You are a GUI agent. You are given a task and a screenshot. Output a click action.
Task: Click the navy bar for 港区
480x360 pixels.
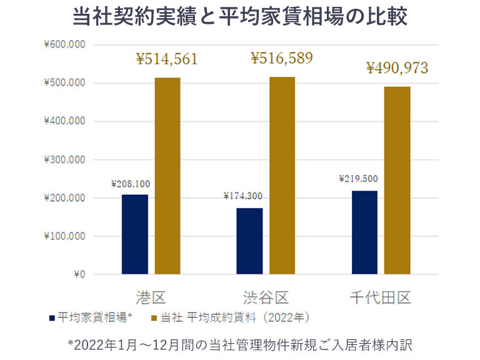(134, 234)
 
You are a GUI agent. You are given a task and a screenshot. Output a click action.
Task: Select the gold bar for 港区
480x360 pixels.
(167, 176)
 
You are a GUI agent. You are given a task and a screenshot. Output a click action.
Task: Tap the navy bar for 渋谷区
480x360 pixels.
(249, 241)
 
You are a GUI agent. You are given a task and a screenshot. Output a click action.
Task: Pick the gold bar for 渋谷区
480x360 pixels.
(282, 175)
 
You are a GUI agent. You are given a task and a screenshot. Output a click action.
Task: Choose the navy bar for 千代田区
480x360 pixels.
(364, 232)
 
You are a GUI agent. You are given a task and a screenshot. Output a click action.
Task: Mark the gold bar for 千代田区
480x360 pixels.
(397, 180)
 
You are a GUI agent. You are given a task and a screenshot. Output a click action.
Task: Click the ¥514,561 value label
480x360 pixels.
(167, 59)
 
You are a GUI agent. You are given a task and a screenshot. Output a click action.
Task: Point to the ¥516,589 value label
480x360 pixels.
(282, 59)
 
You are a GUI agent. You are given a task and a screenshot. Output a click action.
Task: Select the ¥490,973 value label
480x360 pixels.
(397, 68)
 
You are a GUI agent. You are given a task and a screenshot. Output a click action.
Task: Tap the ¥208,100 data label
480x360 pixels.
(130, 184)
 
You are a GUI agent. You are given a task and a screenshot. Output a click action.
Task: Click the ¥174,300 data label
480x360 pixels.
(242, 196)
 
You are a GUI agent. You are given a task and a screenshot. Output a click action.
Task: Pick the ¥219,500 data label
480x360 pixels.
(358, 179)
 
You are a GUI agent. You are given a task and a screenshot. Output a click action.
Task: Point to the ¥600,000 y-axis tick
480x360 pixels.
(64, 45)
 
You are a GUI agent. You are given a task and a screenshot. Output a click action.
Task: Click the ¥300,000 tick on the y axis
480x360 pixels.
(64, 160)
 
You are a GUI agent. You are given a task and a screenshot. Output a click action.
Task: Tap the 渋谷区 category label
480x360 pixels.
(266, 296)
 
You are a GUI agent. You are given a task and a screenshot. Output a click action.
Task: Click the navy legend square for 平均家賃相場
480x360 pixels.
(52, 317)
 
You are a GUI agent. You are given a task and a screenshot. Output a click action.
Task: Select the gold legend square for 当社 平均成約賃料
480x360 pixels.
(156, 317)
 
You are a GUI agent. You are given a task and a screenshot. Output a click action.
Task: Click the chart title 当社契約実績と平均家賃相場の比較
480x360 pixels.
(240, 17)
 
